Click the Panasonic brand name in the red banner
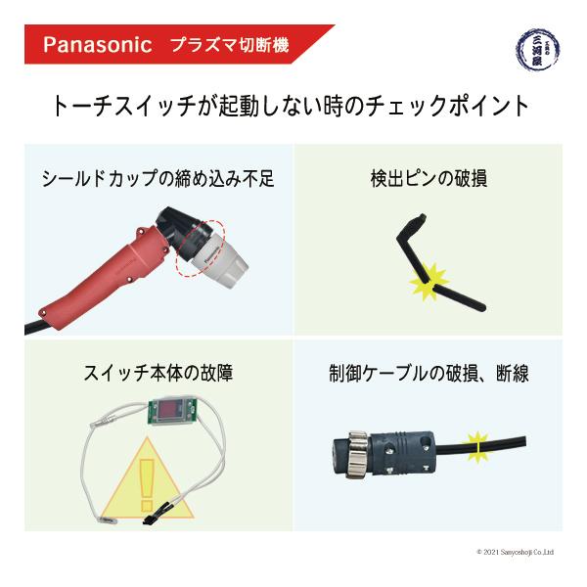click(97, 45)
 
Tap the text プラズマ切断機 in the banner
click(229, 45)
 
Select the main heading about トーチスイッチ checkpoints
click(293, 106)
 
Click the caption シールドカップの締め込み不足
click(158, 179)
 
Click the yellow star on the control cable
click(476, 446)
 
